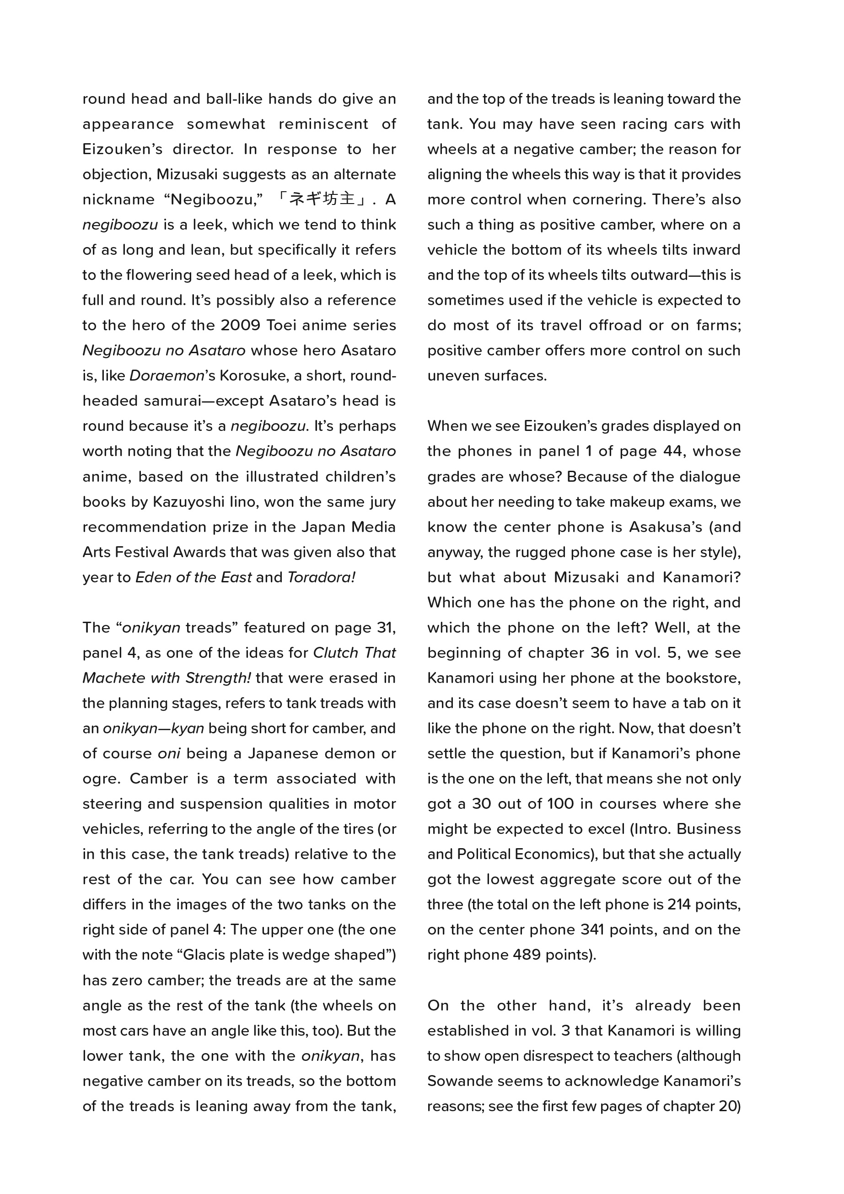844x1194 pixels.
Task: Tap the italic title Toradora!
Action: (322, 577)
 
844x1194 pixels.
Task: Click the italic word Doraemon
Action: (167, 376)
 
